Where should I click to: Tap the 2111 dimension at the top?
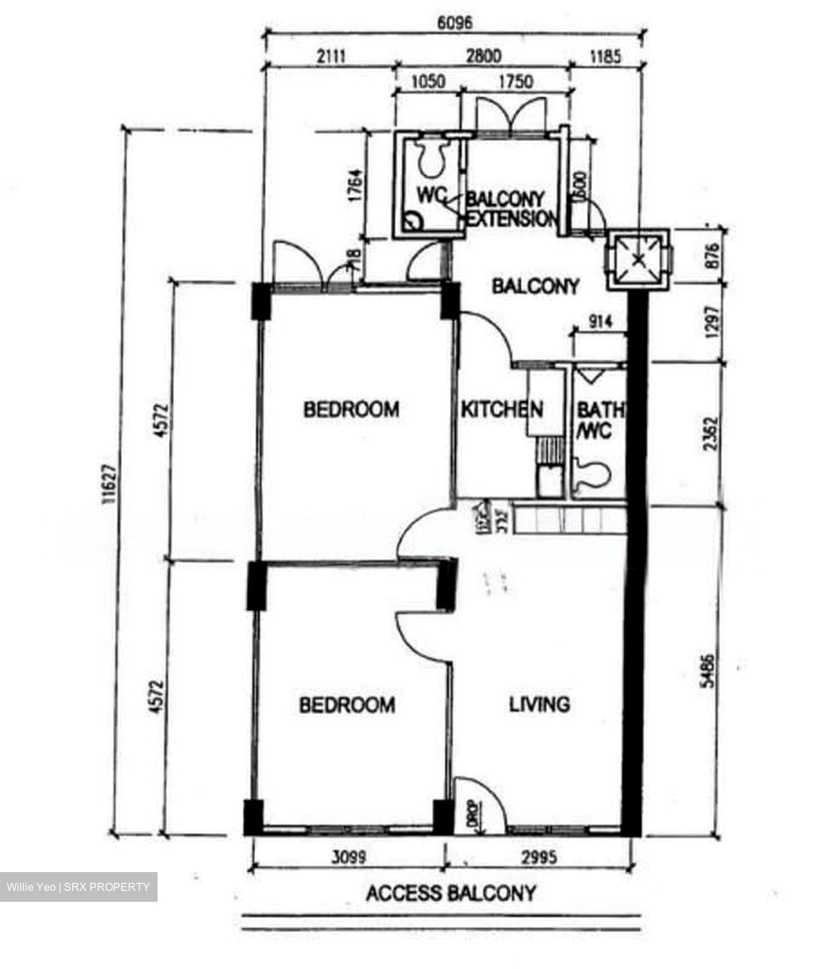tap(330, 56)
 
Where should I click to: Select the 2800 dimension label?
tap(483, 56)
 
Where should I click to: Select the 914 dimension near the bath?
tap(600, 322)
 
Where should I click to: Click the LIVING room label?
tap(539, 705)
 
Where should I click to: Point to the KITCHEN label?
tap(502, 409)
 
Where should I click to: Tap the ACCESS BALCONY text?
tap(451, 894)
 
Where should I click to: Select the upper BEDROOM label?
tap(351, 409)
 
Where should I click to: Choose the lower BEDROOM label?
tap(347, 705)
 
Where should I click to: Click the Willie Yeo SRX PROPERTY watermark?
tap(79, 887)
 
